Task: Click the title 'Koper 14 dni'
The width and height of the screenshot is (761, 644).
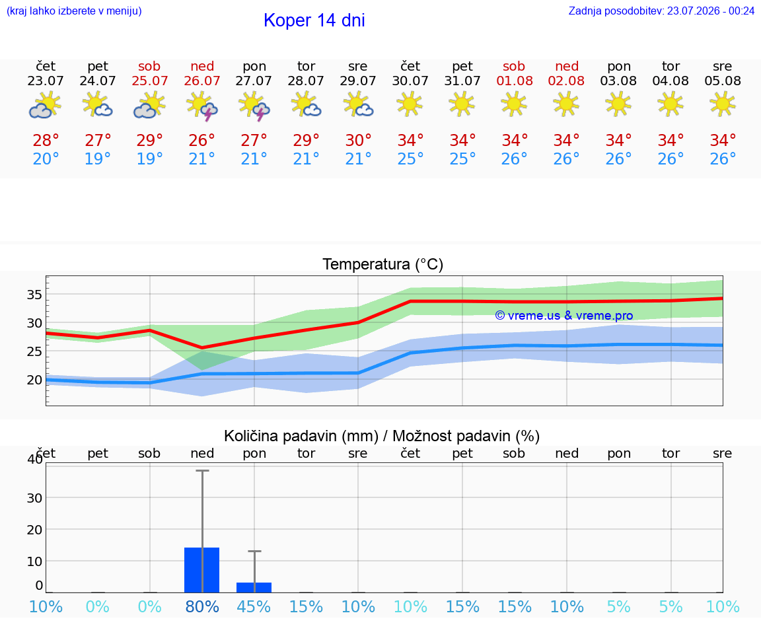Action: pos(314,20)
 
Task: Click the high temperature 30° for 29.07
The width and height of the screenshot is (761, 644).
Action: pos(358,140)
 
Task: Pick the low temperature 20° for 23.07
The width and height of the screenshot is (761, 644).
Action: pos(46,159)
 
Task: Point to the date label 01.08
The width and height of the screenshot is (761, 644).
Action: pos(515,81)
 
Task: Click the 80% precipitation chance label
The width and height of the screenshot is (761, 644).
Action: pos(202,606)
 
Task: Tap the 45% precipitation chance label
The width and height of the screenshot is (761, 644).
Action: pos(254,606)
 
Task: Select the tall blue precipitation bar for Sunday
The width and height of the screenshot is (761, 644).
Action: pos(202,570)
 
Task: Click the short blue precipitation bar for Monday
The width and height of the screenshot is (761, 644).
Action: pos(254,587)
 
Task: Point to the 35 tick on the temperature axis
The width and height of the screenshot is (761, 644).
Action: pos(34,295)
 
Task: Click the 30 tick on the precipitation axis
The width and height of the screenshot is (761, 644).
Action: pos(34,498)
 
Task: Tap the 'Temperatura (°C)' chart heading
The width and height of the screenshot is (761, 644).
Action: pos(383,264)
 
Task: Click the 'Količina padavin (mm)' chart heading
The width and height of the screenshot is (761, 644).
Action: pos(301,436)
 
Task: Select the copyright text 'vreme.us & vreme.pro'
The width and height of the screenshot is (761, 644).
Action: pos(570,316)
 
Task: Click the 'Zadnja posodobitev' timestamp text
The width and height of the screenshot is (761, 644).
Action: pos(661,11)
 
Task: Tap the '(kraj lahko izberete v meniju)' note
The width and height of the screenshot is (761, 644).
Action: pos(74,11)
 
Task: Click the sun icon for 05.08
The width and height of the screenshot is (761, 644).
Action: pos(723,104)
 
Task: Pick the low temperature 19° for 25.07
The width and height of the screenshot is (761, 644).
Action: pos(149,159)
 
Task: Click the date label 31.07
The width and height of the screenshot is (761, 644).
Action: pos(462,81)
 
